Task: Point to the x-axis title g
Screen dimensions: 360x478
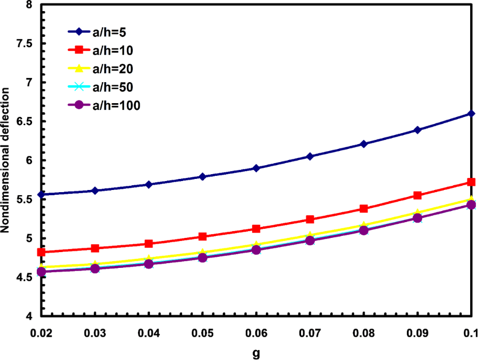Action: pyautogui.click(x=256, y=353)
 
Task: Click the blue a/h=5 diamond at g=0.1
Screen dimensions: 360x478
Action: pyautogui.click(x=471, y=114)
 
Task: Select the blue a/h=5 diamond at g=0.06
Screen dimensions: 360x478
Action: pyautogui.click(x=256, y=168)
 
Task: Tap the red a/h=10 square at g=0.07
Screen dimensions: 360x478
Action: pyautogui.click(x=310, y=219)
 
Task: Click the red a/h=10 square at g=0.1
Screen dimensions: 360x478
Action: pyautogui.click(x=471, y=182)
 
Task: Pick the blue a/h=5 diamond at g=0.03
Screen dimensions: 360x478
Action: pyautogui.click(x=95, y=191)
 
